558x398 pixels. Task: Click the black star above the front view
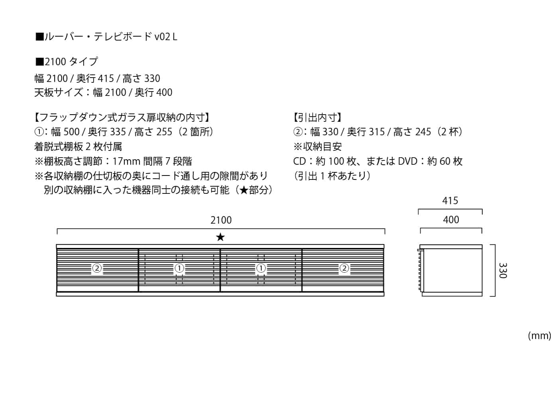[220, 238]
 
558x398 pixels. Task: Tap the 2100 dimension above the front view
[221, 220]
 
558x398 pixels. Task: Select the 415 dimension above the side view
[450, 201]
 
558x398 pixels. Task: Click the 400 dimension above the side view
[451, 220]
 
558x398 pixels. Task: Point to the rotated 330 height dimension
[503, 270]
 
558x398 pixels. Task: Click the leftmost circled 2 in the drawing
[97, 269]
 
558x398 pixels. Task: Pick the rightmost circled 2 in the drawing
[344, 269]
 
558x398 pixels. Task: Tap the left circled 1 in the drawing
[179, 269]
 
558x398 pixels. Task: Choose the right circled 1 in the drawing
[261, 269]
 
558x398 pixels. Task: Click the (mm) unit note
[539, 336]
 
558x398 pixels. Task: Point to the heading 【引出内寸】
[317, 117]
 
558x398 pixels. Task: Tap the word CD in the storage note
[300, 161]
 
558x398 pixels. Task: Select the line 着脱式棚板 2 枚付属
[78, 146]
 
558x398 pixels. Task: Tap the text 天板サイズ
[59, 93]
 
